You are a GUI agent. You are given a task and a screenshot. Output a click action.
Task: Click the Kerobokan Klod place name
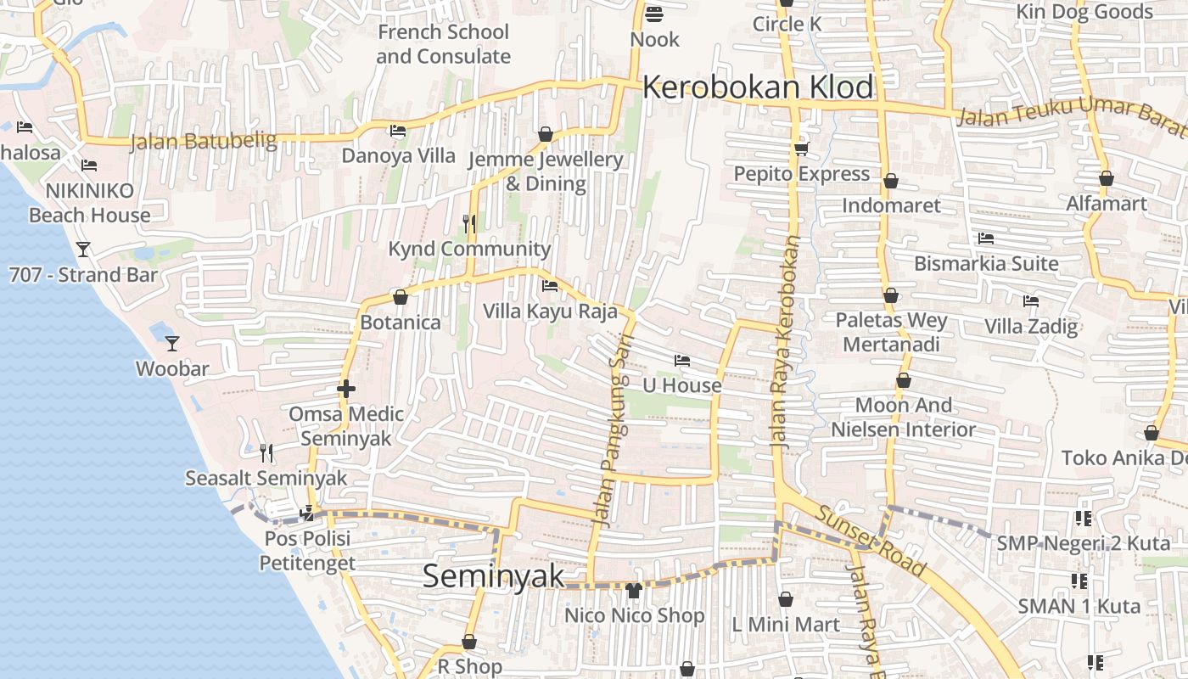point(758,87)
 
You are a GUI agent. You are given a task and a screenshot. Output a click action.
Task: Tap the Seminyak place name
point(493,576)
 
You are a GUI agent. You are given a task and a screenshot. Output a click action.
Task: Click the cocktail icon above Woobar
point(172,344)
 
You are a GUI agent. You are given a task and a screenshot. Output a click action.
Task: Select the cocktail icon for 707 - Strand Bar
point(83,250)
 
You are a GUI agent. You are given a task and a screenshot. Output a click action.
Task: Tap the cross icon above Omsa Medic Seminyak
point(345,390)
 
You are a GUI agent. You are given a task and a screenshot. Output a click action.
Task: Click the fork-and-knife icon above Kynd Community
point(468,223)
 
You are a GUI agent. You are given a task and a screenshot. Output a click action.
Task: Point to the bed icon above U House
point(681,361)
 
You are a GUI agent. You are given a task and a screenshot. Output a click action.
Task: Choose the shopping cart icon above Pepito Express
point(801,149)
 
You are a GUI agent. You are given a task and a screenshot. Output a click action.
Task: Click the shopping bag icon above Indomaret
point(891,181)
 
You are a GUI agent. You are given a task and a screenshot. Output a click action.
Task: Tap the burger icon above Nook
point(654,14)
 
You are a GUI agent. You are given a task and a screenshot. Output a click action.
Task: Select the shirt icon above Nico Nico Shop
point(634,591)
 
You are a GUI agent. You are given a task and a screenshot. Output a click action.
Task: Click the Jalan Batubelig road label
point(203,141)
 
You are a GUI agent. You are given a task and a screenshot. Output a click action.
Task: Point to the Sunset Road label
point(871,540)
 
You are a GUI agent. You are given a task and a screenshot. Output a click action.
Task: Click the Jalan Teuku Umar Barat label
point(1069,115)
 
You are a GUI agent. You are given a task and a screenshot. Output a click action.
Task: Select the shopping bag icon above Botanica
point(401,298)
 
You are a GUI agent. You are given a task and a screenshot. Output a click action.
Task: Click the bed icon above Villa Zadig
point(1031,301)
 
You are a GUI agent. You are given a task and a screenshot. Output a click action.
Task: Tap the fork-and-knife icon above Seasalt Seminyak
point(266,452)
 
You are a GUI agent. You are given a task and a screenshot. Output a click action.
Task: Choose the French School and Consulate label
point(443,44)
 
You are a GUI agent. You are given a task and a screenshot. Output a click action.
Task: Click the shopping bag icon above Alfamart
point(1107,179)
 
